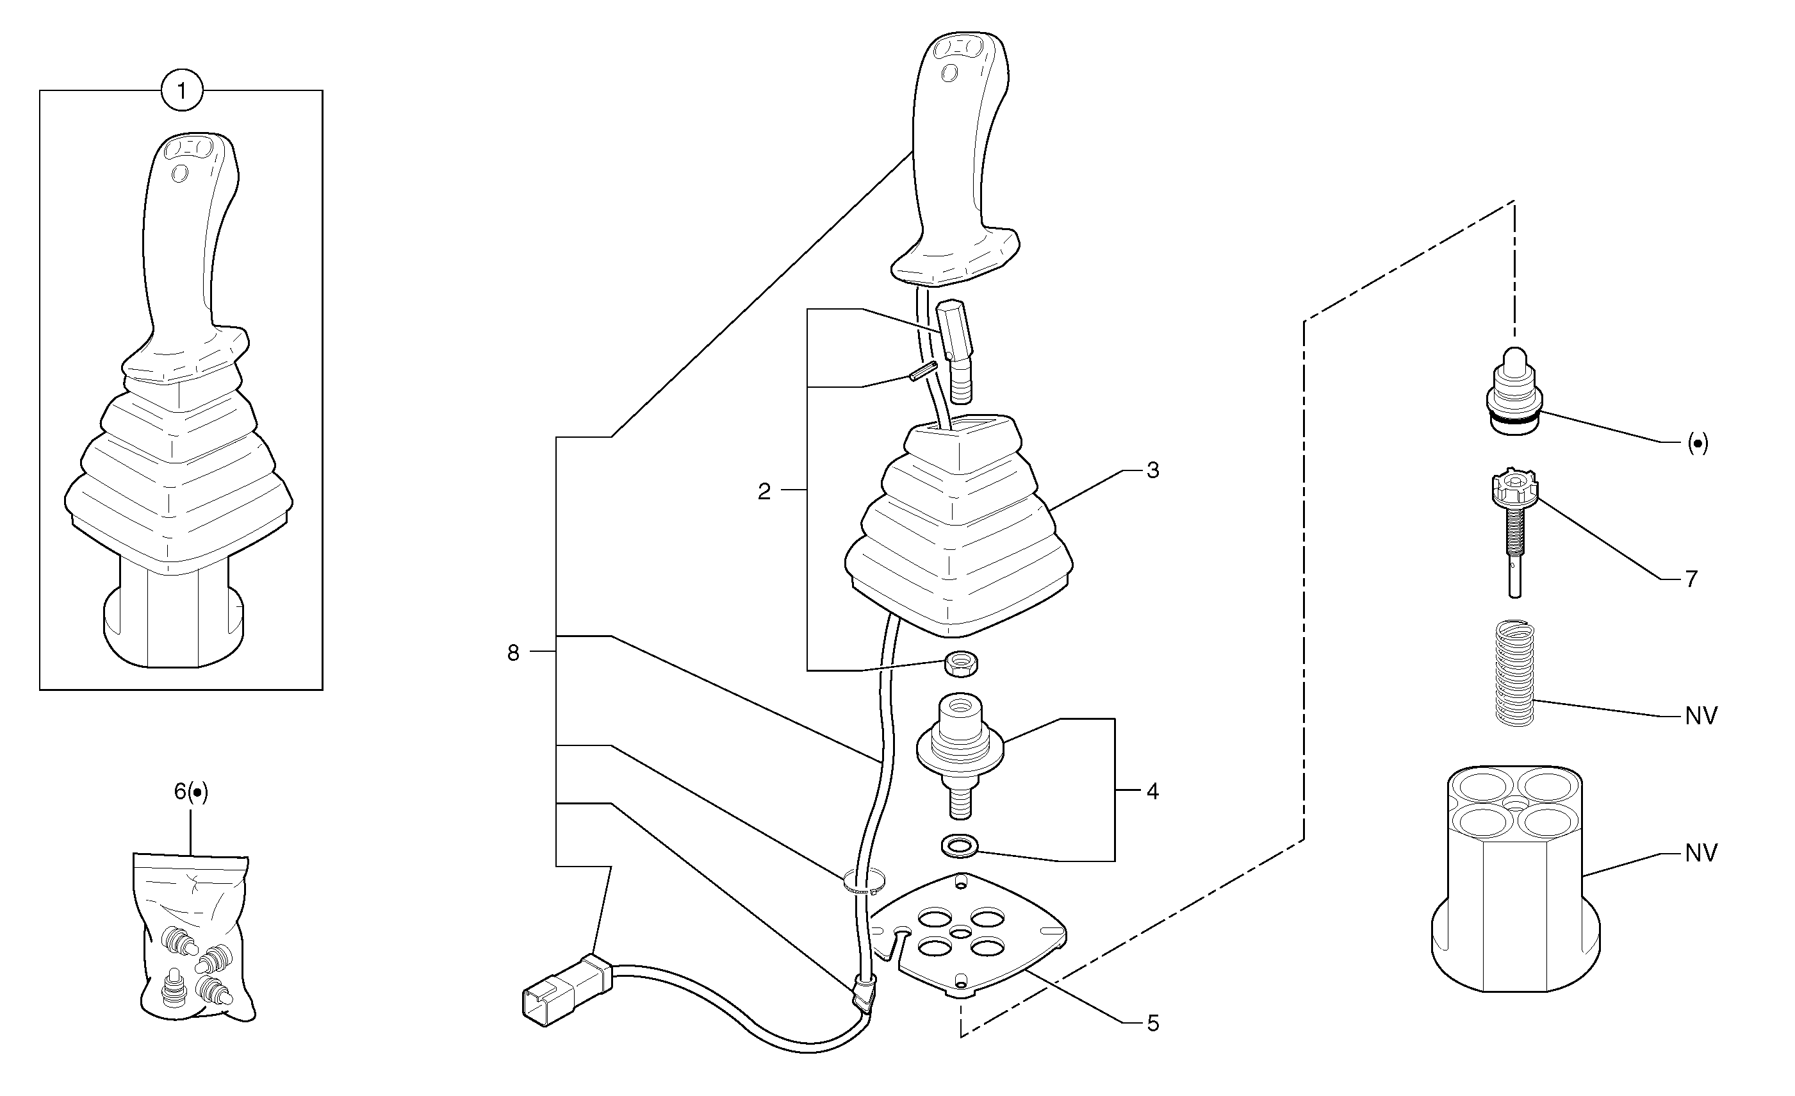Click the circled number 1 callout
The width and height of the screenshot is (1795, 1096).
click(x=181, y=91)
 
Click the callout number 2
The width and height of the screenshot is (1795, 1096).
click(x=764, y=492)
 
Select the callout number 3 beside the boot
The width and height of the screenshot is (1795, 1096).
click(x=1152, y=470)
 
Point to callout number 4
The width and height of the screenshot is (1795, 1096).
click(x=1152, y=791)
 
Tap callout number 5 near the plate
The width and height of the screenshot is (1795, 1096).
click(x=1152, y=1024)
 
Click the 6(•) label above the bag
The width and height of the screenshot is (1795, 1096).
click(x=191, y=793)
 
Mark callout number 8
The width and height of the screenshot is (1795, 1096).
click(x=514, y=653)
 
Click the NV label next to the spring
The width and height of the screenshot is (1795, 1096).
click(x=1701, y=717)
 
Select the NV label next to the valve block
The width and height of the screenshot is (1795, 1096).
click(x=1701, y=852)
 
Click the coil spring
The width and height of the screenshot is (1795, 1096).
click(x=1514, y=672)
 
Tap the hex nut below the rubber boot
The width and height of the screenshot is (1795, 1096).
click(x=961, y=663)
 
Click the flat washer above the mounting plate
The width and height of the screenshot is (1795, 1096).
click(x=960, y=846)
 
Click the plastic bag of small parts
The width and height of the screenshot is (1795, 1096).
click(x=193, y=940)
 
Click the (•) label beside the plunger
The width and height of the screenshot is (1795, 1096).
click(x=1698, y=443)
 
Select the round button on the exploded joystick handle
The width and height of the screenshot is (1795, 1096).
click(x=949, y=73)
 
